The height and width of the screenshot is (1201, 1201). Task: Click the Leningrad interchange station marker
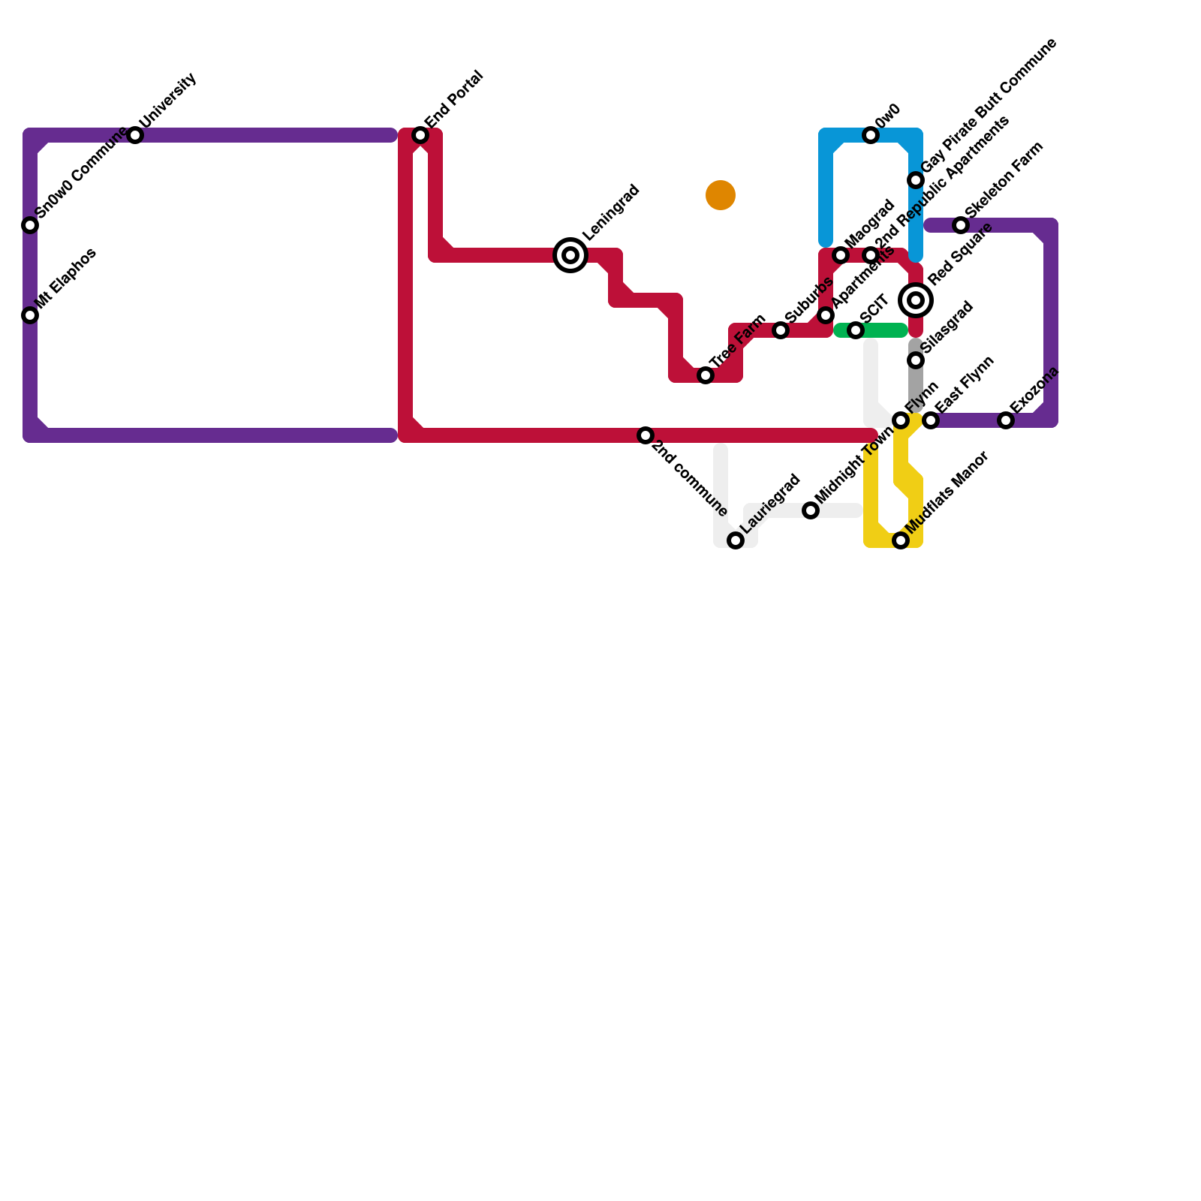(x=570, y=255)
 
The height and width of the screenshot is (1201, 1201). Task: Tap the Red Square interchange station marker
(x=916, y=300)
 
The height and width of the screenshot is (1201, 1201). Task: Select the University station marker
(x=135, y=135)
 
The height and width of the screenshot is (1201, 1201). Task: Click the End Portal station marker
(x=420, y=135)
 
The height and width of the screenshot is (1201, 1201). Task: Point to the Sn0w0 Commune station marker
(x=30, y=225)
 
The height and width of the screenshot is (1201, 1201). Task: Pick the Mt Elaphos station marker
(x=30, y=315)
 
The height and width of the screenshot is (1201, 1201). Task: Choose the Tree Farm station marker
(x=706, y=375)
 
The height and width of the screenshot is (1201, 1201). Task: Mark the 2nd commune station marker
(x=646, y=435)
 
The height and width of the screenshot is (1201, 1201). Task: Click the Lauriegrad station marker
(x=736, y=540)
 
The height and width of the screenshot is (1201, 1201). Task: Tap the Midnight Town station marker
(x=811, y=510)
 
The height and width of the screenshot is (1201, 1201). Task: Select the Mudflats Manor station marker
(x=901, y=540)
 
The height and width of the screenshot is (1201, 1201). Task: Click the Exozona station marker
(x=1006, y=420)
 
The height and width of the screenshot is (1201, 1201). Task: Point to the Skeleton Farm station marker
(x=961, y=225)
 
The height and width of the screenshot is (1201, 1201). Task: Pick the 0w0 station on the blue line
(x=871, y=135)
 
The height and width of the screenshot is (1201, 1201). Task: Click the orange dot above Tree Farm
(x=721, y=195)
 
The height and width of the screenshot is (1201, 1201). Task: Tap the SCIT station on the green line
(x=856, y=330)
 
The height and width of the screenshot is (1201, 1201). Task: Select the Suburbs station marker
(x=781, y=330)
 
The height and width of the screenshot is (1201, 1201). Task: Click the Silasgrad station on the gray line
(x=916, y=360)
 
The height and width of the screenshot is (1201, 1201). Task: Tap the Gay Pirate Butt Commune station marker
(x=916, y=180)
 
